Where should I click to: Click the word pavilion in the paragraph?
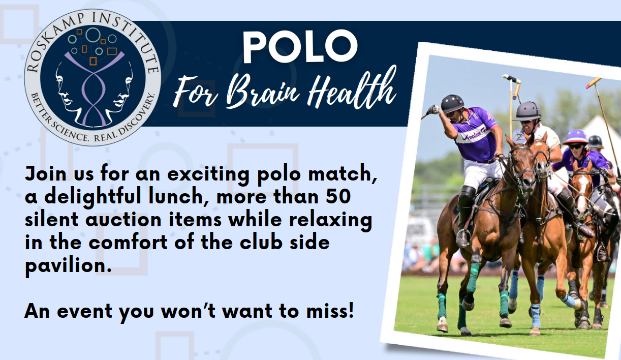[x=68, y=266]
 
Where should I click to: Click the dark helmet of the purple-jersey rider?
[x=452, y=103]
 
